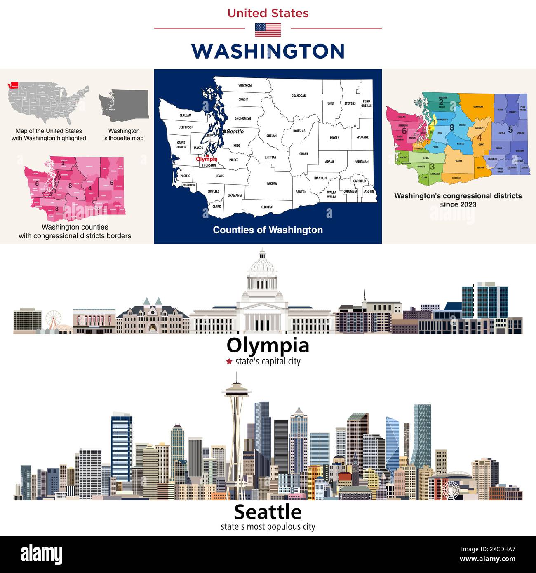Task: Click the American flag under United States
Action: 268,30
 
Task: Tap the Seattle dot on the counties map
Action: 224,131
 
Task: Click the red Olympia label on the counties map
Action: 207,159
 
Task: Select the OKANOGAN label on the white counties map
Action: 299,96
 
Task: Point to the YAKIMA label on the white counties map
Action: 271,183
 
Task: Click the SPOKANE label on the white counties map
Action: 362,137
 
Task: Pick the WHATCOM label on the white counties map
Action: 245,85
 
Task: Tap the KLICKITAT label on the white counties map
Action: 267,207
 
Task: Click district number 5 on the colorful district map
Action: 510,130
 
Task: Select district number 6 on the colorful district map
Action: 404,131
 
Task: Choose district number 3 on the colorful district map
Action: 432,167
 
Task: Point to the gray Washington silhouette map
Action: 124,105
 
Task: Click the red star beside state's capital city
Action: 229,362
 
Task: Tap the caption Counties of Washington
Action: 268,230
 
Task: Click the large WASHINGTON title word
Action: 268,51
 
